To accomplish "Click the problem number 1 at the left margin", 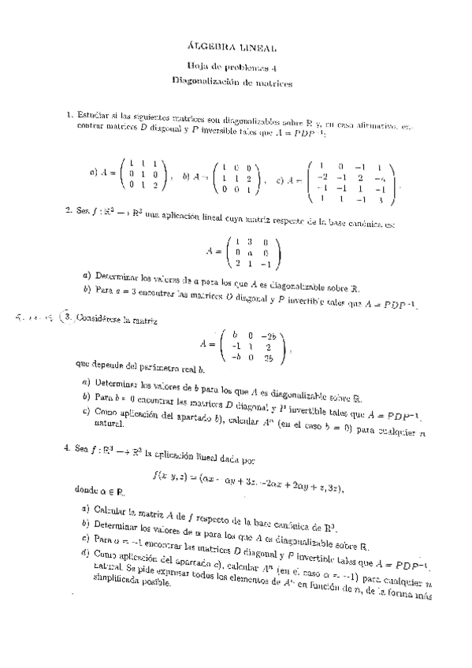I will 69,116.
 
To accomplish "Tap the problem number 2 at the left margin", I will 69,213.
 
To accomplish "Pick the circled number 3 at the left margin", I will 69,317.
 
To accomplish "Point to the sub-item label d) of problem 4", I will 84,553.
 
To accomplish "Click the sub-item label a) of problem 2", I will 85,276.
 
